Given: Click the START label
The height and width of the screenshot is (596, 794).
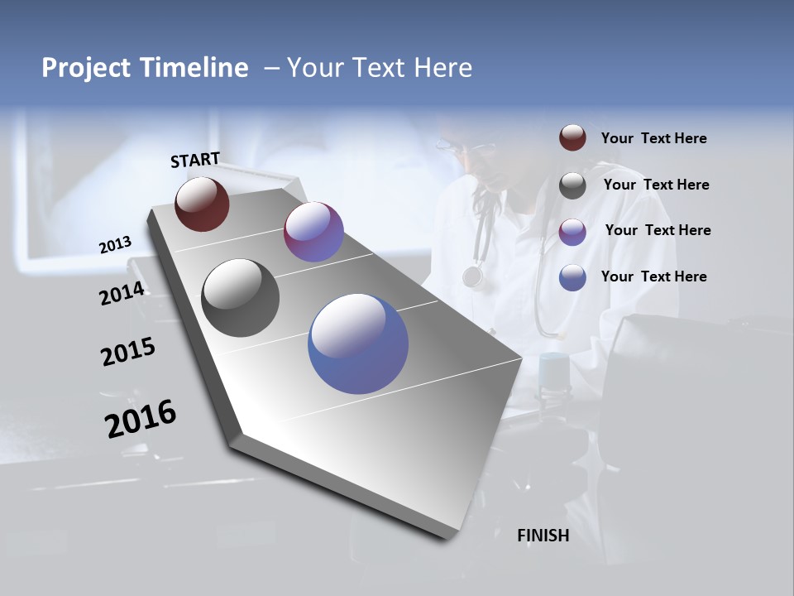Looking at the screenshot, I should click(195, 160).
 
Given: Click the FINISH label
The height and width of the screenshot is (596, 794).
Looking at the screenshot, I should click(543, 536).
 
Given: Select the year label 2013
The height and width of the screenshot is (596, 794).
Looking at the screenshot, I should click(115, 245).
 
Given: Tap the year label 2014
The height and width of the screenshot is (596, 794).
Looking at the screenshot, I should click(122, 294).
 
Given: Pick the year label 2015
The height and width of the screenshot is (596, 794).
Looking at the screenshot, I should click(128, 353).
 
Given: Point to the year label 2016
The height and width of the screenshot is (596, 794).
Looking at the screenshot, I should click(141, 419).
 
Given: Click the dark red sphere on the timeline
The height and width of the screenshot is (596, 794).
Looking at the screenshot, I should click(202, 204).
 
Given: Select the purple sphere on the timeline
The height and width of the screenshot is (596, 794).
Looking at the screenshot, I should click(313, 232).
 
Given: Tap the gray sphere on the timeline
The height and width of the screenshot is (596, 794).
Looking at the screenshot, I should click(240, 298).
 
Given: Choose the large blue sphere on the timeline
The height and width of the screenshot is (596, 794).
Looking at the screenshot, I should click(358, 344).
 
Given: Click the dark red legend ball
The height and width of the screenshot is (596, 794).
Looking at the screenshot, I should click(572, 138).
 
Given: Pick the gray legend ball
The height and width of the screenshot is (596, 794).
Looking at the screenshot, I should click(572, 185).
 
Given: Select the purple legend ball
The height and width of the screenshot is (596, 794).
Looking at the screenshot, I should click(572, 232).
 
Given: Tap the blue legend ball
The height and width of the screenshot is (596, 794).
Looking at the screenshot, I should click(572, 277).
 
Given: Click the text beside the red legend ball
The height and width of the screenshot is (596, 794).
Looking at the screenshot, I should click(653, 139).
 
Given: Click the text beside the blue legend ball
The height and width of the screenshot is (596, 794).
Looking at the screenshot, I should click(653, 276).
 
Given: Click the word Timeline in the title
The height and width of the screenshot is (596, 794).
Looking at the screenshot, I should click(194, 68).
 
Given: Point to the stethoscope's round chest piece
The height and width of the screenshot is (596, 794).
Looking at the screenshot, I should click(473, 276).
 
